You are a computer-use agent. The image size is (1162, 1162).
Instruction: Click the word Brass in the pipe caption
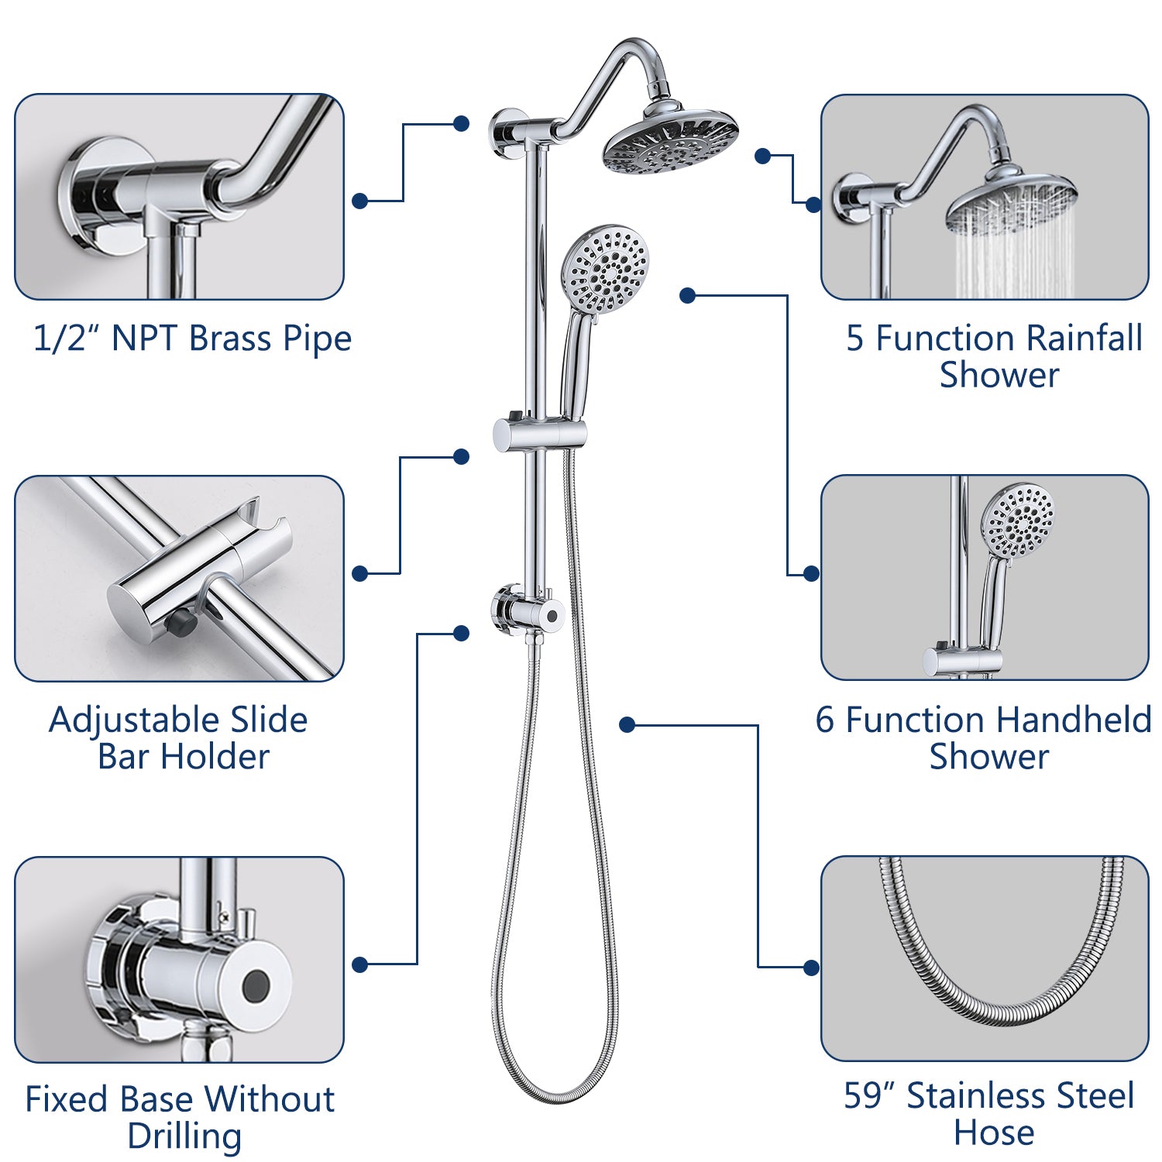click(230, 339)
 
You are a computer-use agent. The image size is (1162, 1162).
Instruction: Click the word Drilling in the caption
click(184, 1136)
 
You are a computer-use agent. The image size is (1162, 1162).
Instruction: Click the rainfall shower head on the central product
click(670, 143)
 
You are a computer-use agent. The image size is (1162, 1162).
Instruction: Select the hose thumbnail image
click(984, 958)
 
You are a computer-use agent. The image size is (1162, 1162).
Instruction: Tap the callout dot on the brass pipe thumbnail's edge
click(359, 201)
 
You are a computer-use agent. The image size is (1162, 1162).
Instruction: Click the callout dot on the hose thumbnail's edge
click(811, 968)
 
